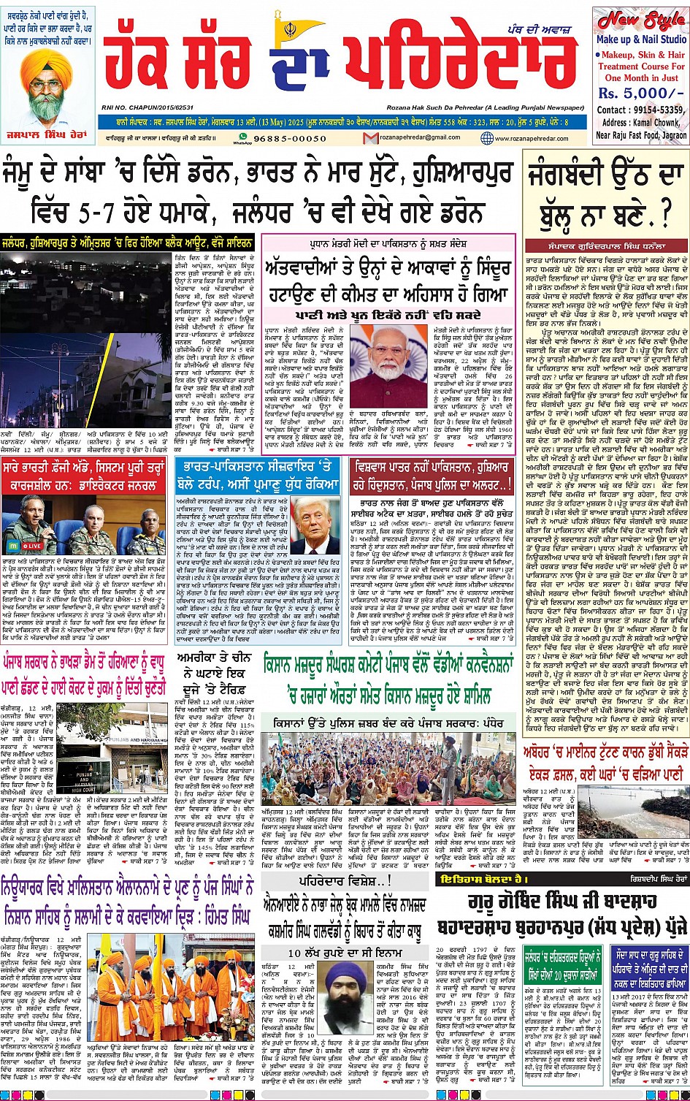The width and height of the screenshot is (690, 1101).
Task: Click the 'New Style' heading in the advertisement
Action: coord(641,20)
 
